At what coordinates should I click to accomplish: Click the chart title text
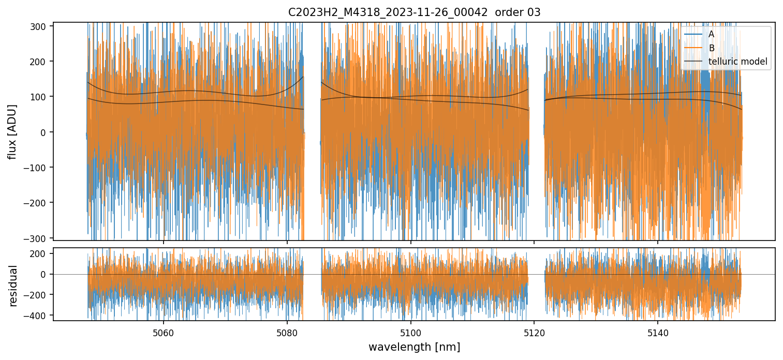[414, 12]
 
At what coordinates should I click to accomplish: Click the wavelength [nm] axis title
[414, 347]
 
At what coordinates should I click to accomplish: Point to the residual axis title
[13, 285]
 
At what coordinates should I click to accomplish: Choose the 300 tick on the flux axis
[39, 26]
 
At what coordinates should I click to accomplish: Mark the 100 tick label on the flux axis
[39, 97]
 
